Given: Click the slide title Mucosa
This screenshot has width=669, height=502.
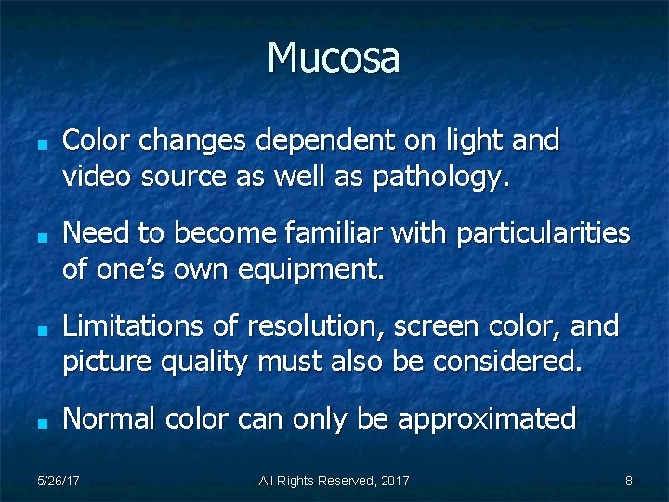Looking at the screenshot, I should coord(334,58).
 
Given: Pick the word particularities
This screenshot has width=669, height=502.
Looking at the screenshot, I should coord(543,232).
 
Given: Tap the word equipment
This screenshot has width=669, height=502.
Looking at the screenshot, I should coord(310,270).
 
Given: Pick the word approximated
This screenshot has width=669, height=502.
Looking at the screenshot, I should coord(487,419).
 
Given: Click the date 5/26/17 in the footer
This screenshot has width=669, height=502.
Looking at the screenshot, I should coord(58,481).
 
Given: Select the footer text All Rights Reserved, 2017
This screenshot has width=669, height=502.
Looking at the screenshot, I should coord(334,481).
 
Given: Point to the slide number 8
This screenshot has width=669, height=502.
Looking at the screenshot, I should coord(629,481).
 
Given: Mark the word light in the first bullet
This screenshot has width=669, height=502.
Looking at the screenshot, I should coord(472,140).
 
